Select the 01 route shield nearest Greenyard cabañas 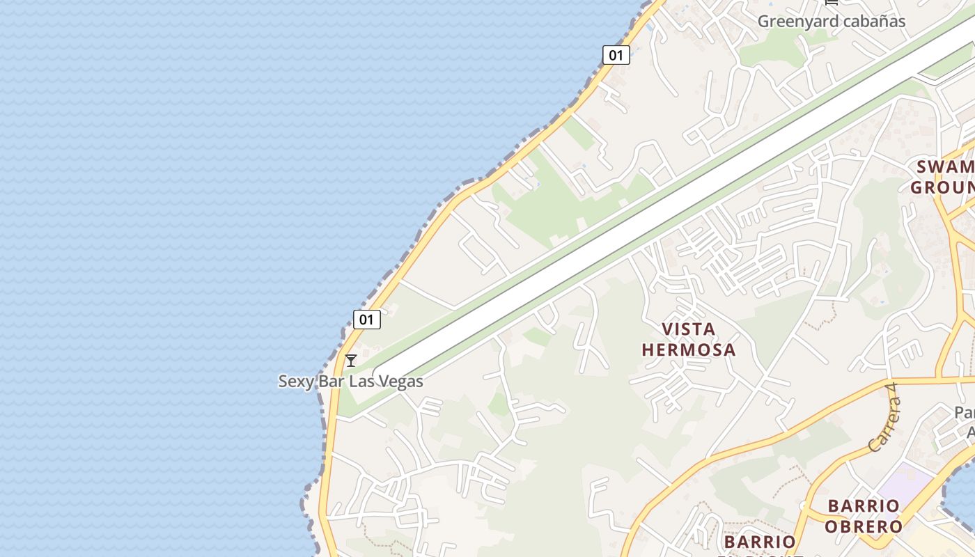[x=616, y=55]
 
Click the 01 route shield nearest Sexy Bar [x=366, y=320]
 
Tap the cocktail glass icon [x=351, y=360]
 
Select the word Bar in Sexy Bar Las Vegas [x=331, y=382]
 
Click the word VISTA [x=688, y=329]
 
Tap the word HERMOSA [x=688, y=350]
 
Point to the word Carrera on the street [x=880, y=428]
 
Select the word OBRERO [x=864, y=526]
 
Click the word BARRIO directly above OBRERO [x=864, y=505]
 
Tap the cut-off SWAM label [x=945, y=167]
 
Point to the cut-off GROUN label [x=942, y=188]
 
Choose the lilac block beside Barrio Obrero [x=905, y=480]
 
